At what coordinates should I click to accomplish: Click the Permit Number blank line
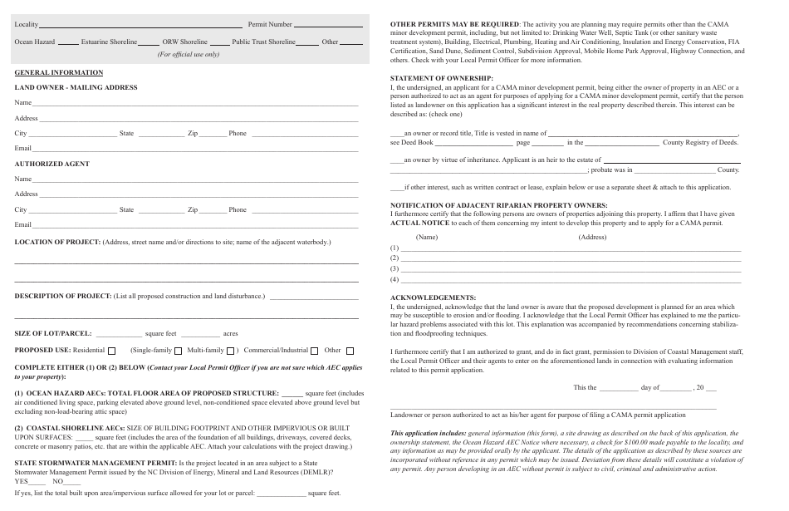pos(328,26)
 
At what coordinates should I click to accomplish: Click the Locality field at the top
pos(141,26)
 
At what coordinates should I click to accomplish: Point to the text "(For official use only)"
pos(189,55)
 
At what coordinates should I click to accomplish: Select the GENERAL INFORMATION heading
pos(59,73)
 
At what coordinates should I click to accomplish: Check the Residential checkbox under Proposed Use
pos(112,351)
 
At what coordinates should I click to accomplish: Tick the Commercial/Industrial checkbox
pos(315,351)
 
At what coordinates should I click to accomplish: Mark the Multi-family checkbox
pos(231,351)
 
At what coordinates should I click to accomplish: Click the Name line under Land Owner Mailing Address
pos(195,104)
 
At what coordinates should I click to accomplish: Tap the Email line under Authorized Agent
pos(195,225)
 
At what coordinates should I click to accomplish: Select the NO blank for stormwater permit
pos(72,482)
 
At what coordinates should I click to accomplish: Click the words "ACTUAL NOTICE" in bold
pos(419,223)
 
